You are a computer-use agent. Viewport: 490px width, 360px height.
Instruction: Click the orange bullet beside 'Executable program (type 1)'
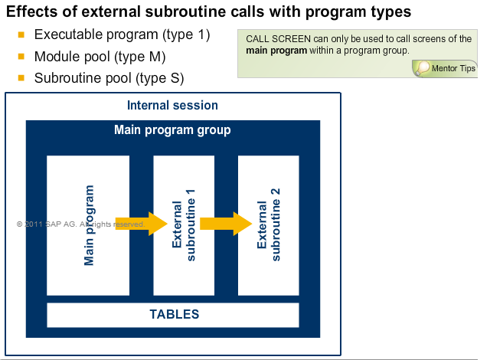pyautogui.click(x=21, y=36)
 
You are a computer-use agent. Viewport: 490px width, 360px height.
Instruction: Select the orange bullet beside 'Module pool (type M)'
pyautogui.click(x=21, y=57)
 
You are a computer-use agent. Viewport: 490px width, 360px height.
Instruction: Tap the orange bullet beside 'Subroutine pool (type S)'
pyautogui.click(x=21, y=78)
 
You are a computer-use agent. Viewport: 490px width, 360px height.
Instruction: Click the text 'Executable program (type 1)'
pyautogui.click(x=122, y=35)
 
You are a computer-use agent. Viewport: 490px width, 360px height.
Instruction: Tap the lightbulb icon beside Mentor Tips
pyautogui.click(x=422, y=68)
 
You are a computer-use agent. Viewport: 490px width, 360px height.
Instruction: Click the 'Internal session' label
pyautogui.click(x=172, y=106)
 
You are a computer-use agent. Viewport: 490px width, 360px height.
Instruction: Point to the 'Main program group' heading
pyautogui.click(x=172, y=130)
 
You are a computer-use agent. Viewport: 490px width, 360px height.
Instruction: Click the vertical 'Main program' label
pyautogui.click(x=90, y=224)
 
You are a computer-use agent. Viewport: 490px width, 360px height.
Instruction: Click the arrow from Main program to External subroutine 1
pyautogui.click(x=143, y=224)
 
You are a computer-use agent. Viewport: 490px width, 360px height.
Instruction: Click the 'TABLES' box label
pyautogui.click(x=174, y=314)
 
